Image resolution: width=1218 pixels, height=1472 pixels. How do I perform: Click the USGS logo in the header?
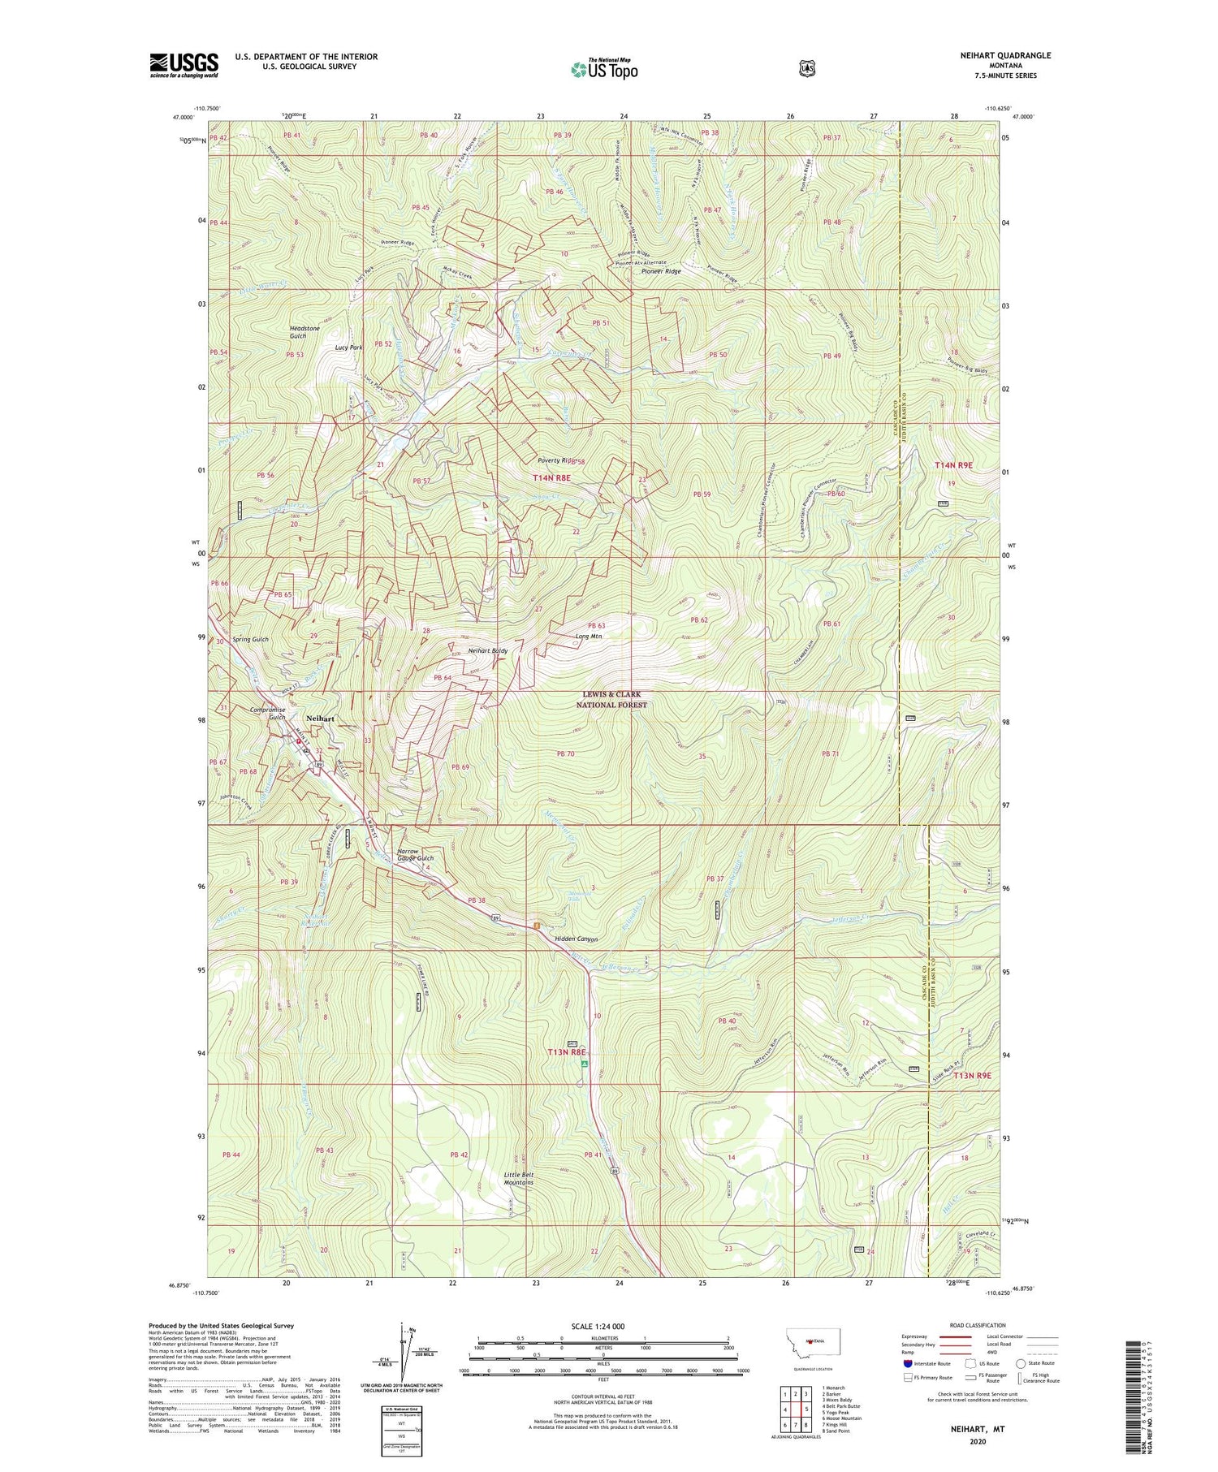pyautogui.click(x=184, y=65)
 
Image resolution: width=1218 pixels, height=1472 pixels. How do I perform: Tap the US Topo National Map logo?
pyautogui.click(x=604, y=69)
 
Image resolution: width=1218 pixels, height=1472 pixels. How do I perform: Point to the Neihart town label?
pyautogui.click(x=320, y=719)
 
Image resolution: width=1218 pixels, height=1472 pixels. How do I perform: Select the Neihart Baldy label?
pyautogui.click(x=488, y=651)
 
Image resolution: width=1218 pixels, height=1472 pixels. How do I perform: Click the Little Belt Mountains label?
pyautogui.click(x=519, y=1178)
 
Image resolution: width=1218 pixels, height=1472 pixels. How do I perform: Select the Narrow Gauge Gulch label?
pyautogui.click(x=415, y=855)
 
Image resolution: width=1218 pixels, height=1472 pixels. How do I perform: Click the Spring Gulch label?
pyautogui.click(x=249, y=640)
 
